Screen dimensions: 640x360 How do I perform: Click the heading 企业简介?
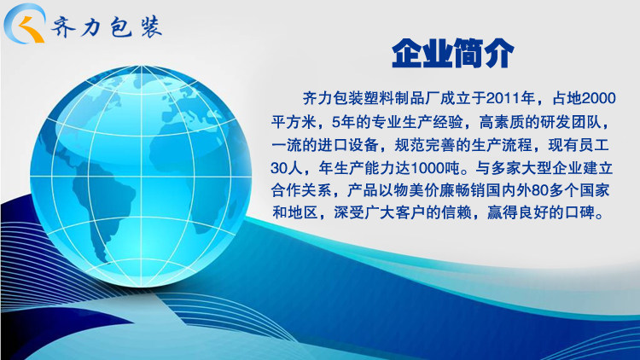tap(452, 53)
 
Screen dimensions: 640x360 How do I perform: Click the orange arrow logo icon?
tap(32, 29)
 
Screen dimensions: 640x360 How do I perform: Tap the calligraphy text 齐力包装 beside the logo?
tap(107, 27)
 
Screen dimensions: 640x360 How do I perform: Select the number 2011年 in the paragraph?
tap(510, 98)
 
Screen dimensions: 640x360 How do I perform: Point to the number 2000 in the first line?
tap(599, 98)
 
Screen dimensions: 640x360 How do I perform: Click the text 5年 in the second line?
tap(340, 122)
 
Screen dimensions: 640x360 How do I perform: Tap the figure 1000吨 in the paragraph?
tap(433, 167)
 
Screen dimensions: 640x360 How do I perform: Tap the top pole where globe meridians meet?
tap(142, 67)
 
